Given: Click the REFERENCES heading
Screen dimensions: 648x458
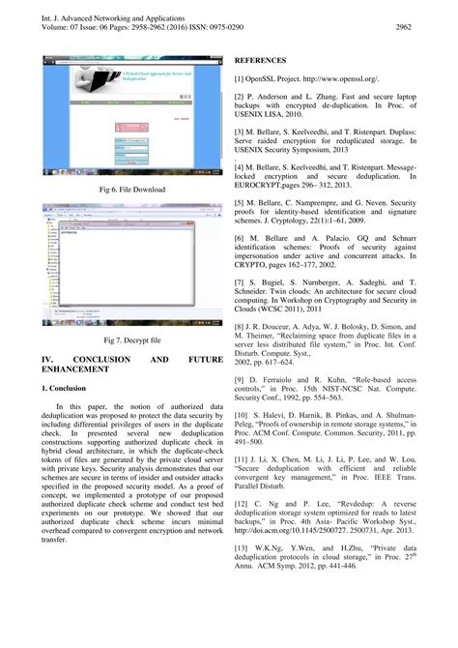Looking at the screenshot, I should coord(263,58).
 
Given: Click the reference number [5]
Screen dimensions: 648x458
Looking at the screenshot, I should coord(240,203).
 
